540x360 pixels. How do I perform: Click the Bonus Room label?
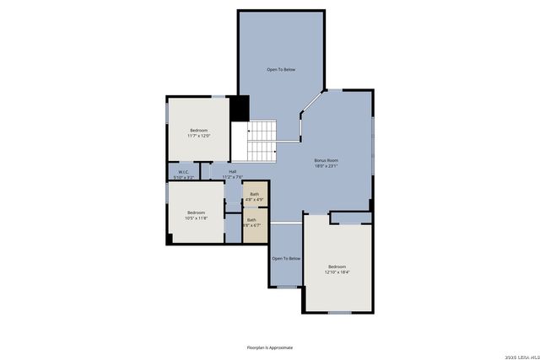[326, 160]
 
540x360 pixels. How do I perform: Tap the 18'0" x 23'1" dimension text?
[326, 166]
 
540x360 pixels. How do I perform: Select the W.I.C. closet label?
[183, 172]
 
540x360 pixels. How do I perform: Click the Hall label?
[232, 172]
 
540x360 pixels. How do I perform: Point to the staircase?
[262, 141]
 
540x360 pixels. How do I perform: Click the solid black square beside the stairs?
[240, 109]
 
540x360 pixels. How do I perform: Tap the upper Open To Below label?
[281, 69]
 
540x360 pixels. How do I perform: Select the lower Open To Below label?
[286, 258]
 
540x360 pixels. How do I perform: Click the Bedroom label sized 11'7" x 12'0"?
[199, 130]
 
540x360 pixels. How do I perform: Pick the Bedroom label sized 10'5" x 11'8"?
[196, 212]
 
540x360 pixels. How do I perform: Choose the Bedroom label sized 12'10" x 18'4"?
[337, 266]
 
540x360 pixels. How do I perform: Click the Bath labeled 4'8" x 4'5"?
[255, 195]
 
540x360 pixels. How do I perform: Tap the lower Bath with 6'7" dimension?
[251, 220]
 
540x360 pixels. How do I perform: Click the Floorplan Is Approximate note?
[270, 347]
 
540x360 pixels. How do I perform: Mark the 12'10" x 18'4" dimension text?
[337, 272]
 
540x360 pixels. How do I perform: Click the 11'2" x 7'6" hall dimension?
[232, 177]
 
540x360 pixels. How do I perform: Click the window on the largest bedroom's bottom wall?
[339, 313]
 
